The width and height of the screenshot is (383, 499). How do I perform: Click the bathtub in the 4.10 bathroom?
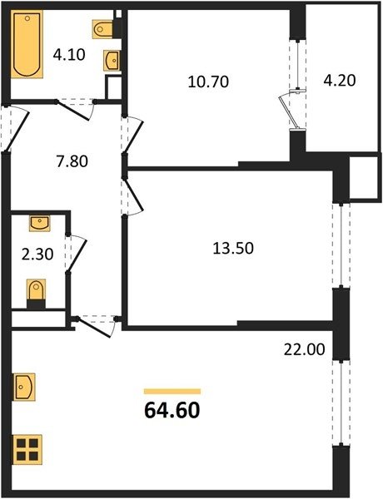point(27,44)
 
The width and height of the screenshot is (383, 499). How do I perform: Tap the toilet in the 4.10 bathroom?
point(102,29)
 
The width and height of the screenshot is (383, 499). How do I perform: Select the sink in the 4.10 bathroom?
point(112,61)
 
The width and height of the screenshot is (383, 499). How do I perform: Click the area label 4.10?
point(69,55)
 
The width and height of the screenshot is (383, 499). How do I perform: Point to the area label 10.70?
point(208,82)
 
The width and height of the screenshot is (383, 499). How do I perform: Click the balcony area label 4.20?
point(340,80)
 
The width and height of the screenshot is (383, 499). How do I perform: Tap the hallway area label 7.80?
point(72,161)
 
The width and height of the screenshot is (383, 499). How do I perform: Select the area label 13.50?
point(233,248)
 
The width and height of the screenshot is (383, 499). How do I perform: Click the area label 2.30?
point(37,254)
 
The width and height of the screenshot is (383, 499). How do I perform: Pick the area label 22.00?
point(304,349)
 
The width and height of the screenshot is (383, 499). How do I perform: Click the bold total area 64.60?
point(172,410)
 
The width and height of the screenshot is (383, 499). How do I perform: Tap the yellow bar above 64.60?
point(172,392)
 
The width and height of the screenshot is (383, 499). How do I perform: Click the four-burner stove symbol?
point(27,449)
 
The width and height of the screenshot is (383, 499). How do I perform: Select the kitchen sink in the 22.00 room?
point(24,387)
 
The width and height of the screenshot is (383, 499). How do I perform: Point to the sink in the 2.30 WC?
point(40,223)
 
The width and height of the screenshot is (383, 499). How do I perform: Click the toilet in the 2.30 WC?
point(36,294)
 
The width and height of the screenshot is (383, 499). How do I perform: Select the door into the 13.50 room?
point(133,196)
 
